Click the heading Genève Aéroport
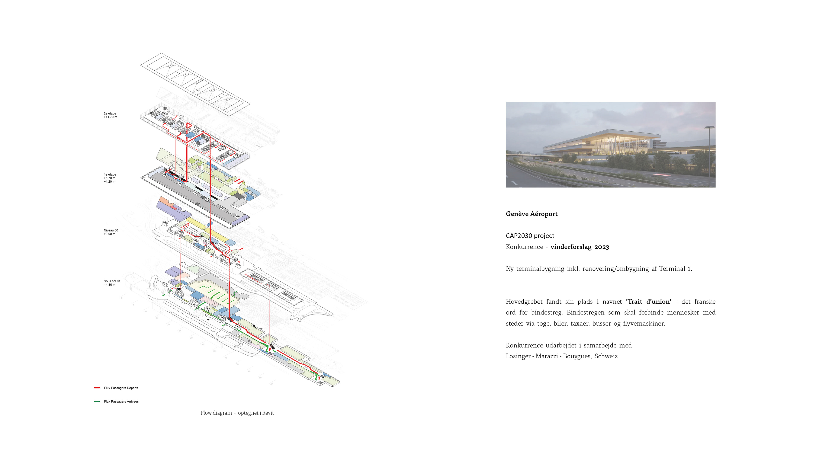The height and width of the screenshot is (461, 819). pos(531,214)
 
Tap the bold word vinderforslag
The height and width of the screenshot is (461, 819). pos(571,247)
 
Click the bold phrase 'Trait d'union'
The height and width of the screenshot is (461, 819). pos(648,301)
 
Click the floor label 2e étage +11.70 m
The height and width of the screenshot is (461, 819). pos(110,115)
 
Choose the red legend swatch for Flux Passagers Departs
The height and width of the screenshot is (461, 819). pos(97,388)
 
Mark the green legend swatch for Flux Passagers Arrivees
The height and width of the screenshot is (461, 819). pos(97,401)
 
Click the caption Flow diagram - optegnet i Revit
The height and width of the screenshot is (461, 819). pos(237,413)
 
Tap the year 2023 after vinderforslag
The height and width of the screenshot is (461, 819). pos(601,247)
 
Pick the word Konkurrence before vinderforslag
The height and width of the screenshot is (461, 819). pos(524,247)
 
